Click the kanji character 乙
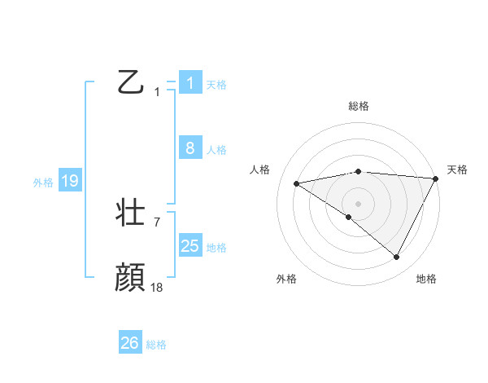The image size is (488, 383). [x=130, y=82]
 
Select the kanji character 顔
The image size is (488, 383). [x=130, y=278]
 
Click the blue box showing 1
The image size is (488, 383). [x=190, y=83]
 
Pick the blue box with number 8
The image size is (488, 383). [x=190, y=148]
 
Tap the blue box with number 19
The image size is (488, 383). [x=70, y=181]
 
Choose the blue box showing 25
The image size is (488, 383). [x=190, y=246]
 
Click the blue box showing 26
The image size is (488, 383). [x=130, y=343]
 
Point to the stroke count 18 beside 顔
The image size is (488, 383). [x=157, y=287]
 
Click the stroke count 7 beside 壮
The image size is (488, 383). [x=157, y=222]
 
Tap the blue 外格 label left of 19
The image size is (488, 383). [x=43, y=183]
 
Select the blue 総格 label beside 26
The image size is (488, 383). [x=156, y=345]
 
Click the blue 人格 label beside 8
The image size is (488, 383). [x=216, y=150]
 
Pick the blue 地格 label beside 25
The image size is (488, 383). [x=216, y=248]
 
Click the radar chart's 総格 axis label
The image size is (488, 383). [x=358, y=106]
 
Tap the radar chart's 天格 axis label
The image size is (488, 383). [x=457, y=169]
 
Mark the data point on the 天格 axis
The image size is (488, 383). [x=435, y=178]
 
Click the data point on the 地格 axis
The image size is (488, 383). [x=397, y=258]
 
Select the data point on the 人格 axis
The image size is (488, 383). [x=296, y=183]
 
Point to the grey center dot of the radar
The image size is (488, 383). [x=358, y=203]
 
